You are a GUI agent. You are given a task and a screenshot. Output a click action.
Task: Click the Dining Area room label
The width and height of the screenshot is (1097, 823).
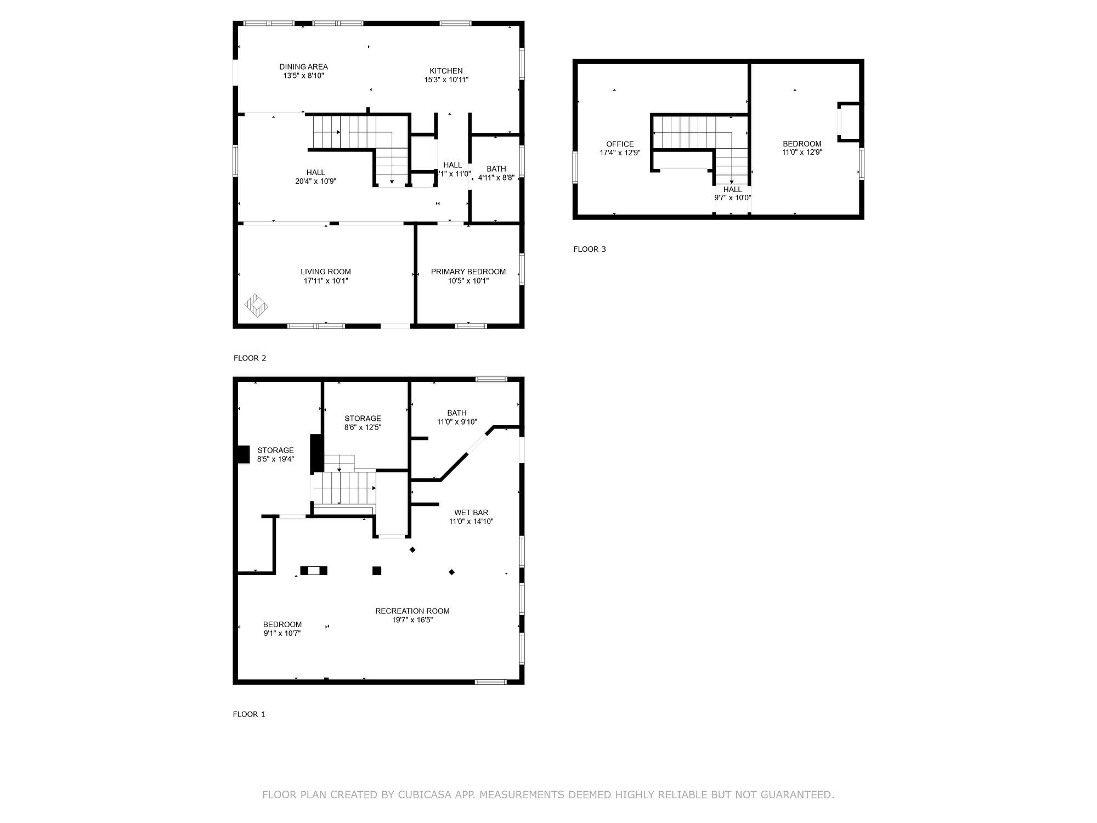pyautogui.click(x=303, y=67)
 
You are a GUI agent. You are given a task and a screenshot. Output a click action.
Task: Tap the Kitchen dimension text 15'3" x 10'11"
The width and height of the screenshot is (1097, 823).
pyautogui.click(x=446, y=80)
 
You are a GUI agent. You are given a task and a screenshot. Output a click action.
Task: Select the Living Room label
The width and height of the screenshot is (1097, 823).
pyautogui.click(x=326, y=272)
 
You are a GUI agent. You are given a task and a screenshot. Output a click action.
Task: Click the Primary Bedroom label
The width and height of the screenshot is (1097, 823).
pyautogui.click(x=468, y=272)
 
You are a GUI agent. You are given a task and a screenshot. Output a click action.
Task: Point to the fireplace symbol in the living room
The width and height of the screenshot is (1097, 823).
pyautogui.click(x=256, y=306)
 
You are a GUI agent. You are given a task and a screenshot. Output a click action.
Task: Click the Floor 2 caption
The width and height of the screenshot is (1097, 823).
pyautogui.click(x=250, y=358)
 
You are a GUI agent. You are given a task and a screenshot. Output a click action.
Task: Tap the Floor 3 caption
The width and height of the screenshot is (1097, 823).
pyautogui.click(x=590, y=249)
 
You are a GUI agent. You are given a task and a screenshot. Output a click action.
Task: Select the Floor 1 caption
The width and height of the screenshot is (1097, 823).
pyautogui.click(x=249, y=714)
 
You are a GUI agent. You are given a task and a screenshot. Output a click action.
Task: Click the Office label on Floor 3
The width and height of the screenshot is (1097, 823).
pyautogui.click(x=620, y=144)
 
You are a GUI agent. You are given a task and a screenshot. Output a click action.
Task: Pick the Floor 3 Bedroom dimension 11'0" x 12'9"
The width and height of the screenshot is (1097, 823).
pyautogui.click(x=802, y=153)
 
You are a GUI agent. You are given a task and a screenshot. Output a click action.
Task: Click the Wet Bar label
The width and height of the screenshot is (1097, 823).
pyautogui.click(x=471, y=512)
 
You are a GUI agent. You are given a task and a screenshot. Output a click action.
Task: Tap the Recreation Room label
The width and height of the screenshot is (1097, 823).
pyautogui.click(x=412, y=611)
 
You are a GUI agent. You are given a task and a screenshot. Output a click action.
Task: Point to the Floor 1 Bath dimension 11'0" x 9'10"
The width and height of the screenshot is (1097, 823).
pyautogui.click(x=457, y=422)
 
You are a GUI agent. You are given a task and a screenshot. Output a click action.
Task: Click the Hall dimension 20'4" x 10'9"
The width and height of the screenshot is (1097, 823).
pyautogui.click(x=315, y=181)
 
